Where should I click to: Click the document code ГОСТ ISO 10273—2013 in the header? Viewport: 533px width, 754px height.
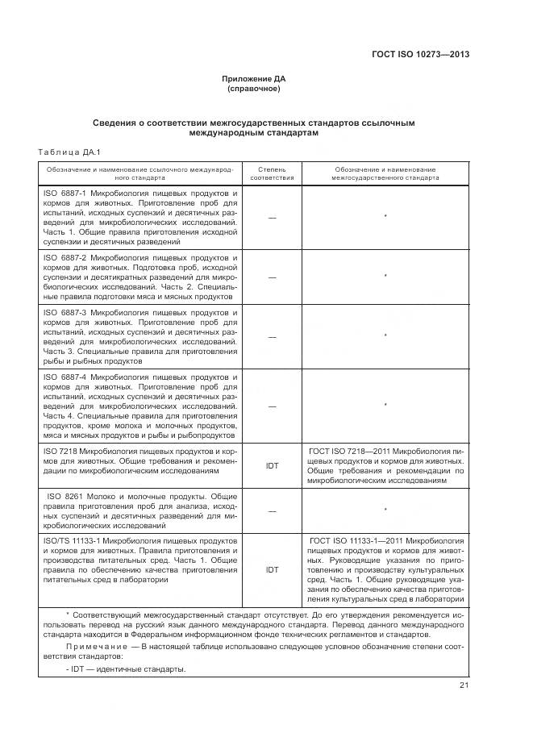(420, 55)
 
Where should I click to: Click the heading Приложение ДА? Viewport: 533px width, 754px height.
(254, 78)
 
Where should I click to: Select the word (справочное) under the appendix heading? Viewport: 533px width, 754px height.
(254, 89)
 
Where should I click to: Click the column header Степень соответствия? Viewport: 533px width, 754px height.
(272, 174)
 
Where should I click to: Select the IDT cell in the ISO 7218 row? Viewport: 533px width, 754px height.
(272, 466)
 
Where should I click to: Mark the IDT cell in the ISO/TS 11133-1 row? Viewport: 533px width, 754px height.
(272, 569)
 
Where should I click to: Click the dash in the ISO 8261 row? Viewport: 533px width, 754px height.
(272, 511)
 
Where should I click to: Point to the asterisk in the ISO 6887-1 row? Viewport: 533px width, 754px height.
(385, 218)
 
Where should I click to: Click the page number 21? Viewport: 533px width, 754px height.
(464, 685)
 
